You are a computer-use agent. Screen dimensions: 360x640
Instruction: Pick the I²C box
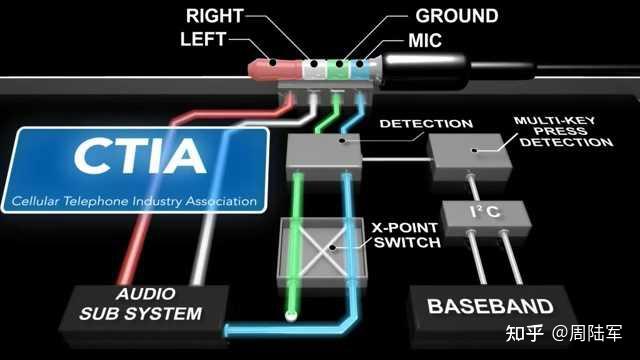pyautogui.click(x=477, y=213)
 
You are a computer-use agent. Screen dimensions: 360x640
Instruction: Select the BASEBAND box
pyautogui.click(x=489, y=306)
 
